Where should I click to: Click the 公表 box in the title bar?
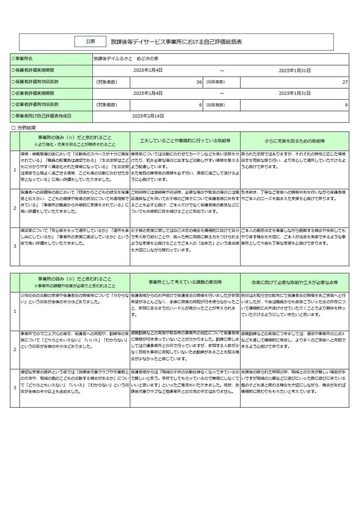point(90,41)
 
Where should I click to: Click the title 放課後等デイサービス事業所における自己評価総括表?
point(176,41)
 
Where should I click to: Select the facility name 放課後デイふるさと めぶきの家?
point(125,59)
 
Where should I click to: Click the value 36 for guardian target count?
point(199,82)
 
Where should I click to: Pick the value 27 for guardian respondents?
point(345,82)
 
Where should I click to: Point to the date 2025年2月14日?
point(148,116)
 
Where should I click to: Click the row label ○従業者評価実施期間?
point(33,93)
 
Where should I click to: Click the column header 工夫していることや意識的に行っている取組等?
point(185,141)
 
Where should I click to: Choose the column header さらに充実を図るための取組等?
point(295,141)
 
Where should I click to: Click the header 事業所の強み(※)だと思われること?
point(75,137)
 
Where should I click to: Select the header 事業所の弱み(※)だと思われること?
point(75,279)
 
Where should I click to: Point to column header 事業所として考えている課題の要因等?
point(185,282)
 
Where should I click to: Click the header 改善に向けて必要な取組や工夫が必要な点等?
point(295,282)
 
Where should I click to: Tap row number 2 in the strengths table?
point(15,208)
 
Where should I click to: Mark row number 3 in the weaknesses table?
point(15,388)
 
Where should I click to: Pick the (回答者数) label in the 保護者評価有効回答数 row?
point(215,82)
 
